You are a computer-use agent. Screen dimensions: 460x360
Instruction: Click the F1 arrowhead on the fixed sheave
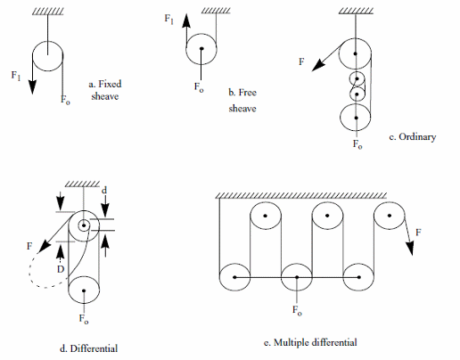[32, 87]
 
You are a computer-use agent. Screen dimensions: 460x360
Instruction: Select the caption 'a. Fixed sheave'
[105, 90]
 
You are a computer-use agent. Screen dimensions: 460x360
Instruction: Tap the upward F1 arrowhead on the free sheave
[186, 20]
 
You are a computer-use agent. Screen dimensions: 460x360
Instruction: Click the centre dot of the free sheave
[201, 48]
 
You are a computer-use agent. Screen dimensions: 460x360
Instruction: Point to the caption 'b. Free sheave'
[242, 101]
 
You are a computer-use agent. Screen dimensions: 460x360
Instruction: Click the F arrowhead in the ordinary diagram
[318, 65]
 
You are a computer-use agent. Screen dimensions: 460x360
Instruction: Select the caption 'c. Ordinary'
[413, 137]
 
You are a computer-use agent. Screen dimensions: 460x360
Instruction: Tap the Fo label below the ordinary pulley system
[357, 144]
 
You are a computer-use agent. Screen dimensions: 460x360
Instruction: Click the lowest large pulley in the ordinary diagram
[356, 103]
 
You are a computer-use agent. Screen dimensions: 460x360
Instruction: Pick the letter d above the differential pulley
[104, 190]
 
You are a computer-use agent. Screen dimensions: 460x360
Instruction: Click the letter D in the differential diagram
[61, 269]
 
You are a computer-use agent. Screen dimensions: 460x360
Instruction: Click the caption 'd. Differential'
[88, 348]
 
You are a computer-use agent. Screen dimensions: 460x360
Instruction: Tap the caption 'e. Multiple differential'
[310, 342]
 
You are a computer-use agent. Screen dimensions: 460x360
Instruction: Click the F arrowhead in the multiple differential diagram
[410, 249]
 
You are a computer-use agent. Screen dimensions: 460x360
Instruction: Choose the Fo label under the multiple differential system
[297, 311]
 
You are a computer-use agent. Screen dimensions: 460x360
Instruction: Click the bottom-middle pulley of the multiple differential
[297, 263]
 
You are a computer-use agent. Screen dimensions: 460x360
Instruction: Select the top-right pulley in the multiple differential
[389, 201]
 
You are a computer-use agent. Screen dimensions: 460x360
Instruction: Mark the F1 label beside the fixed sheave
[16, 76]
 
